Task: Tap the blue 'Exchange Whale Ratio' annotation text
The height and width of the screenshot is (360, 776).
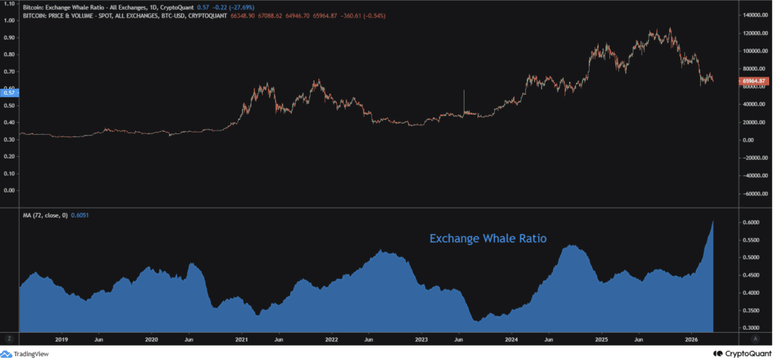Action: pyautogui.click(x=488, y=239)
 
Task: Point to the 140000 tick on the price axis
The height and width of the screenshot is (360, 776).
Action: pyautogui.click(x=753, y=15)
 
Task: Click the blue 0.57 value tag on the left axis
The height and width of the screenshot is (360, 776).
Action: pyautogui.click(x=9, y=93)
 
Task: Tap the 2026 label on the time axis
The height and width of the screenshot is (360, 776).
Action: pyautogui.click(x=690, y=340)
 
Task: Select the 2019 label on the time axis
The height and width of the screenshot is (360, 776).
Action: pyautogui.click(x=62, y=340)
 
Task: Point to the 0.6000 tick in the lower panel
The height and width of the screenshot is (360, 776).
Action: pyautogui.click(x=750, y=223)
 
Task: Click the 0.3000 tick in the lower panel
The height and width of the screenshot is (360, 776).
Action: pyautogui.click(x=750, y=327)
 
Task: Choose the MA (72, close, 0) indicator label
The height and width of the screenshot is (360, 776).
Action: pyautogui.click(x=44, y=216)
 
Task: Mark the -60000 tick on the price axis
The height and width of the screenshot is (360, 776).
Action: pyautogui.click(x=753, y=193)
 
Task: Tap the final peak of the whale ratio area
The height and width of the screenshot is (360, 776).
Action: pyautogui.click(x=713, y=222)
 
